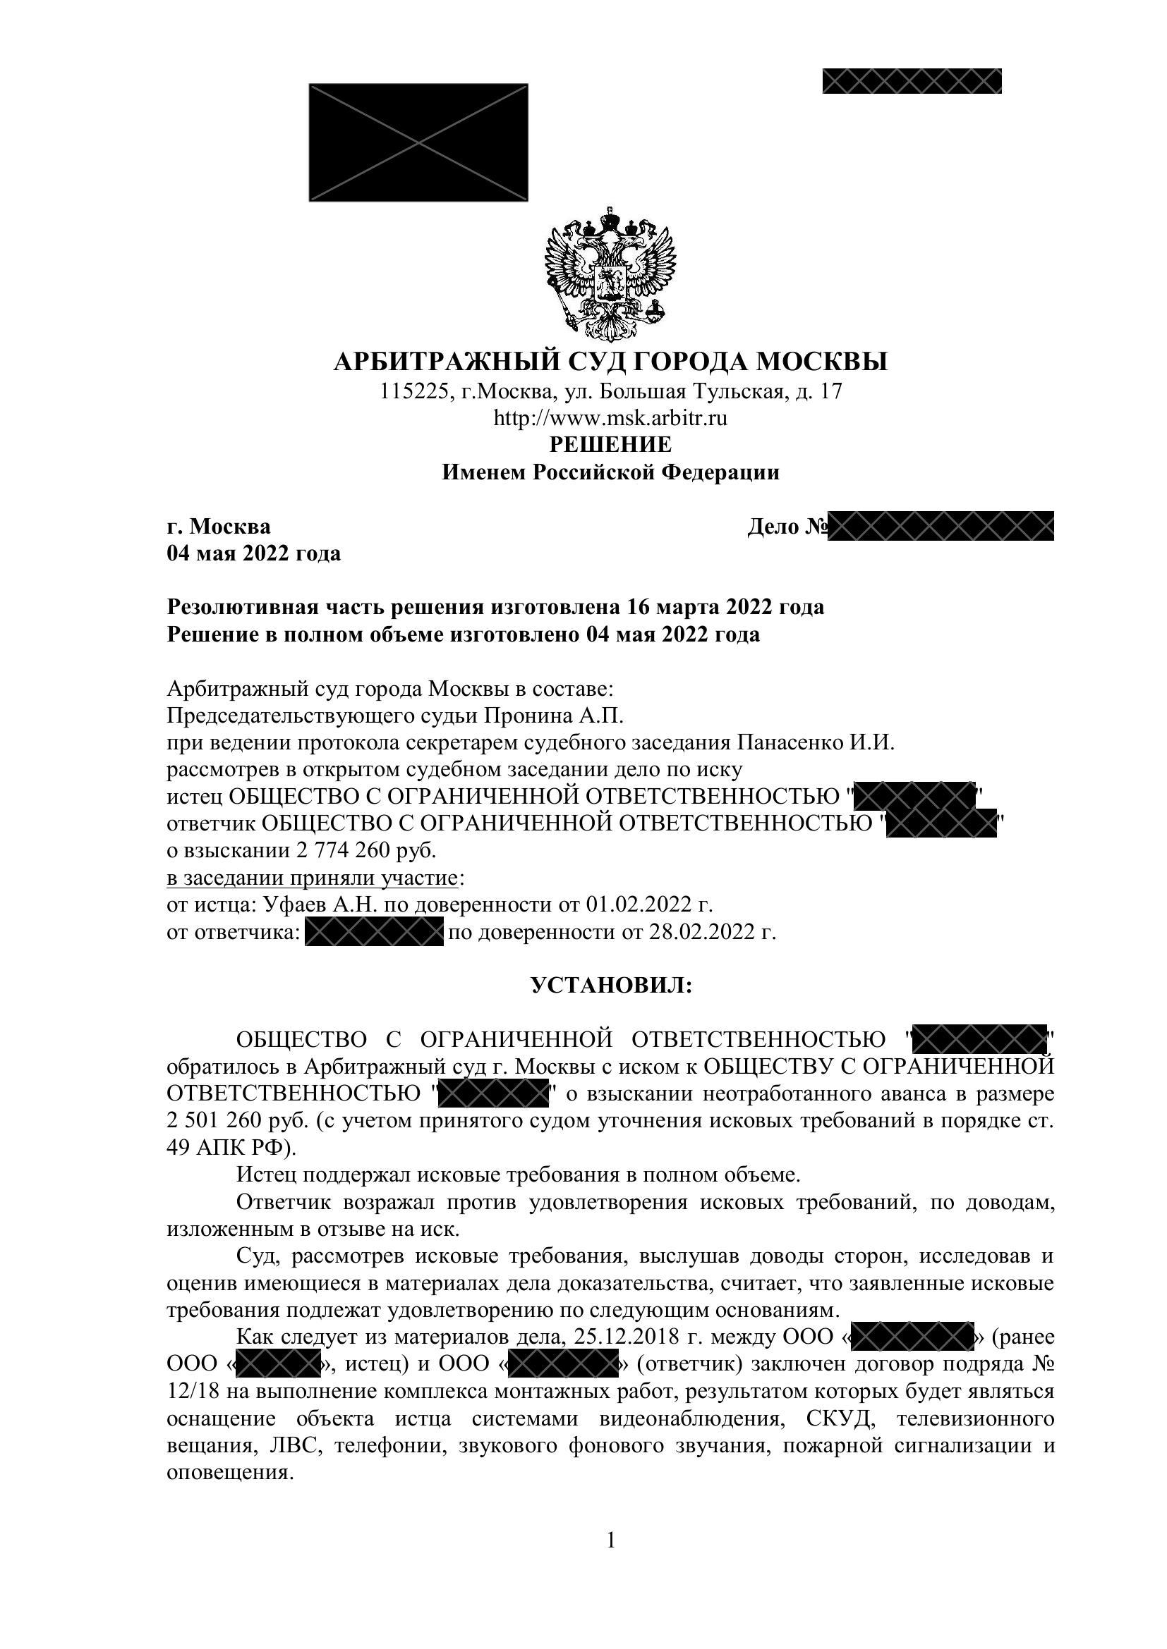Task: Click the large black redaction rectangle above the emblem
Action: (418, 142)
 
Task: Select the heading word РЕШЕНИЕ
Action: (610, 445)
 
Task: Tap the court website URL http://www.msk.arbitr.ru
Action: (610, 418)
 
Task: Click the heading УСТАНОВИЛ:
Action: (611, 986)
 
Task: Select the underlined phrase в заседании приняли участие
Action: (313, 878)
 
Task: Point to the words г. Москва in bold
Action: (219, 527)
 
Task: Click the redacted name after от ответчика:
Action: (374, 932)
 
